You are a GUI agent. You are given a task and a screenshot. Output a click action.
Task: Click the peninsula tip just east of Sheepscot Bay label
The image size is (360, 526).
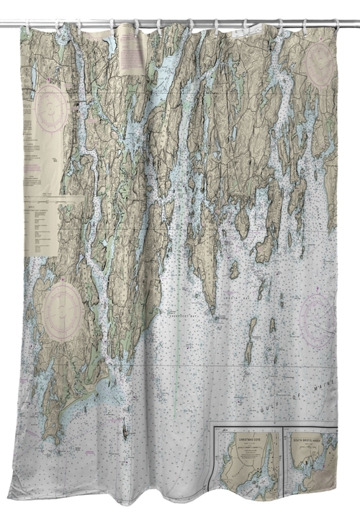pyautogui.click(x=212, y=310)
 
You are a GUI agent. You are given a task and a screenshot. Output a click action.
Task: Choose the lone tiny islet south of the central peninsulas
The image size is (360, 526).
pyautogui.click(x=126, y=432)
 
